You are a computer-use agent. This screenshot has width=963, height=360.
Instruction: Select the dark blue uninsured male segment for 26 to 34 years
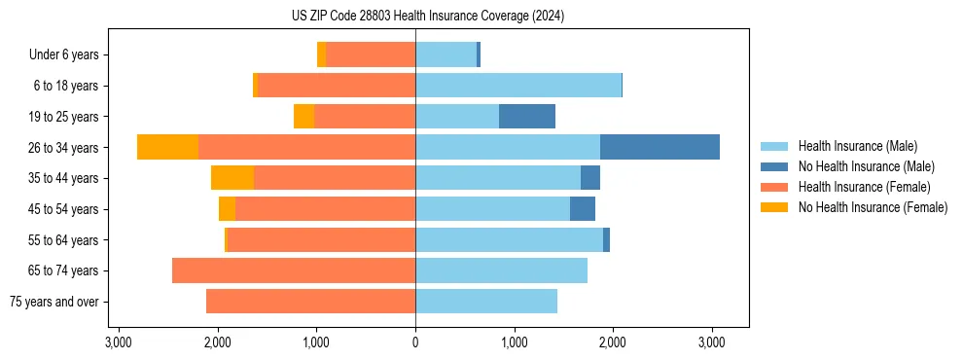click(660, 147)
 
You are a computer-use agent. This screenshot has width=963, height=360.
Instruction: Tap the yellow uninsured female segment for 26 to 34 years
click(167, 147)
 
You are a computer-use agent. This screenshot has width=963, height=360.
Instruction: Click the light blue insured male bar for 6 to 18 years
click(517, 86)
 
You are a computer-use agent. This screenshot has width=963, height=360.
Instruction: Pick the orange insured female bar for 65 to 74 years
click(294, 270)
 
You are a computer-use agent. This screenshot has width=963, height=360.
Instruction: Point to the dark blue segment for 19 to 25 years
click(526, 117)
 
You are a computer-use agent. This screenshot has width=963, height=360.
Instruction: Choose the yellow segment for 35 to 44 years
click(232, 178)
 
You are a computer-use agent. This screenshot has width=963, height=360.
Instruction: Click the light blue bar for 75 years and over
click(486, 302)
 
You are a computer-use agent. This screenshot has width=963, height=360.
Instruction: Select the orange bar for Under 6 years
click(371, 54)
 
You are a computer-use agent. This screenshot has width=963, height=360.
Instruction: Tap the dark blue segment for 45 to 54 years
click(583, 209)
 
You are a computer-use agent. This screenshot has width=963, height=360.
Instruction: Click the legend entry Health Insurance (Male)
click(857, 146)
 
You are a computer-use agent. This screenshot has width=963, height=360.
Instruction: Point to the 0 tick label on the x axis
click(415, 342)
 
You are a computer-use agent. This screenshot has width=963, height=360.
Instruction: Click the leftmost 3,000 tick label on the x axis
click(119, 342)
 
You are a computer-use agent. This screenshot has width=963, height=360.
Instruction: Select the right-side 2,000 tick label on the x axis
click(613, 342)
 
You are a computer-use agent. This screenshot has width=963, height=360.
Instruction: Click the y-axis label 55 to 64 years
click(64, 240)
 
